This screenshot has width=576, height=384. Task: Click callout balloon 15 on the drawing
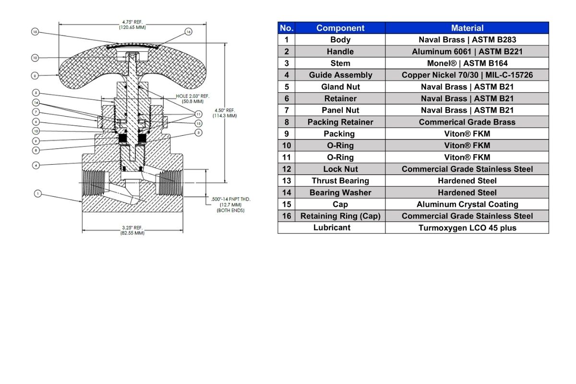(35, 32)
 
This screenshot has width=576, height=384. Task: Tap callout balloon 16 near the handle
(188, 32)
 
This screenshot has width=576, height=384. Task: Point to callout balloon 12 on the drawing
(35, 58)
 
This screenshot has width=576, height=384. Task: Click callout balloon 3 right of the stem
(198, 132)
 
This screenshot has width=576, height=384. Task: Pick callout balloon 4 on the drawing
(36, 165)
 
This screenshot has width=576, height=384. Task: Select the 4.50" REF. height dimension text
(225, 113)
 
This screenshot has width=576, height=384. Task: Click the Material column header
(467, 28)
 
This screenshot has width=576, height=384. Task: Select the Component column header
(340, 28)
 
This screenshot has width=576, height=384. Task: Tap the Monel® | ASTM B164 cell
(467, 63)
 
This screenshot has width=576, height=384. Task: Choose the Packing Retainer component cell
(340, 122)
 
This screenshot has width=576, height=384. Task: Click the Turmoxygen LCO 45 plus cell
(467, 228)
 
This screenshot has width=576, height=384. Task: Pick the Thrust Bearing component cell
(340, 181)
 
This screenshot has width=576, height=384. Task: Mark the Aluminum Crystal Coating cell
(467, 204)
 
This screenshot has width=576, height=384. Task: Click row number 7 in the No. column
(287, 110)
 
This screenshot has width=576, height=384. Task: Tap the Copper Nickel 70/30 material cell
(467, 75)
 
